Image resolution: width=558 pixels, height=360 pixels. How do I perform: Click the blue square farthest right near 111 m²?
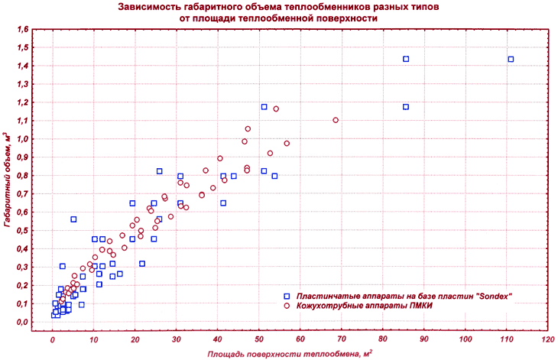click(x=511, y=59)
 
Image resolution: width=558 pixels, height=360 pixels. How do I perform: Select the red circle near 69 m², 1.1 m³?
click(x=336, y=120)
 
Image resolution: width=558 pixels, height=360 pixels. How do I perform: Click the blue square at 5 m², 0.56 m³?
click(x=73, y=219)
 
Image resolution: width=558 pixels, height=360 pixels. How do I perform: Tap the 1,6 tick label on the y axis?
click(x=23, y=30)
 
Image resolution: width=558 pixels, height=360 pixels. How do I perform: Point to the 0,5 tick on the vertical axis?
click(x=23, y=231)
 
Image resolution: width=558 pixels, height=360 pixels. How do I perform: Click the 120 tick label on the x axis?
click(x=548, y=339)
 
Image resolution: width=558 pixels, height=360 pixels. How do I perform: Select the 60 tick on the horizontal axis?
click(x=300, y=339)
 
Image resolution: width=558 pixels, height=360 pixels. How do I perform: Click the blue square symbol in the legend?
click(x=287, y=297)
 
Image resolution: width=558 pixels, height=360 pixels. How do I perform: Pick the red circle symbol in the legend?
click(x=287, y=306)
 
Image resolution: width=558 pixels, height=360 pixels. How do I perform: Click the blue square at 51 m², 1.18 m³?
click(x=264, y=107)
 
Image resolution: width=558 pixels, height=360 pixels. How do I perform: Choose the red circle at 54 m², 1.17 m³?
click(x=276, y=109)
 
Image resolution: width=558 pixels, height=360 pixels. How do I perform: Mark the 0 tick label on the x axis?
click(x=53, y=339)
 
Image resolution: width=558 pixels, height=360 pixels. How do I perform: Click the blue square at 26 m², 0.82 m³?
click(x=159, y=171)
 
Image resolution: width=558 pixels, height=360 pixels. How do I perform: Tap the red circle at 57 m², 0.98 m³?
click(x=287, y=144)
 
